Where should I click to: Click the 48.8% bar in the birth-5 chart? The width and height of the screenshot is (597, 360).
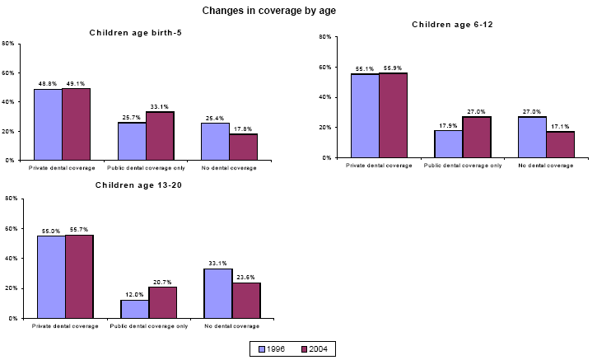pos(48,124)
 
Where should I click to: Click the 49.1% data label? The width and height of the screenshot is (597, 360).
pos(76,83)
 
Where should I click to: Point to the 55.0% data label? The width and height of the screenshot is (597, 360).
pos(51,231)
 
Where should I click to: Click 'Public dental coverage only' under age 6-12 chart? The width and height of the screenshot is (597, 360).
pos(462,166)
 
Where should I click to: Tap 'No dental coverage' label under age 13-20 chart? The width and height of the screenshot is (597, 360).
pos(232,326)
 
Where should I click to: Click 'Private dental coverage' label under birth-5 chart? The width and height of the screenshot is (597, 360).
pos(63,168)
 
